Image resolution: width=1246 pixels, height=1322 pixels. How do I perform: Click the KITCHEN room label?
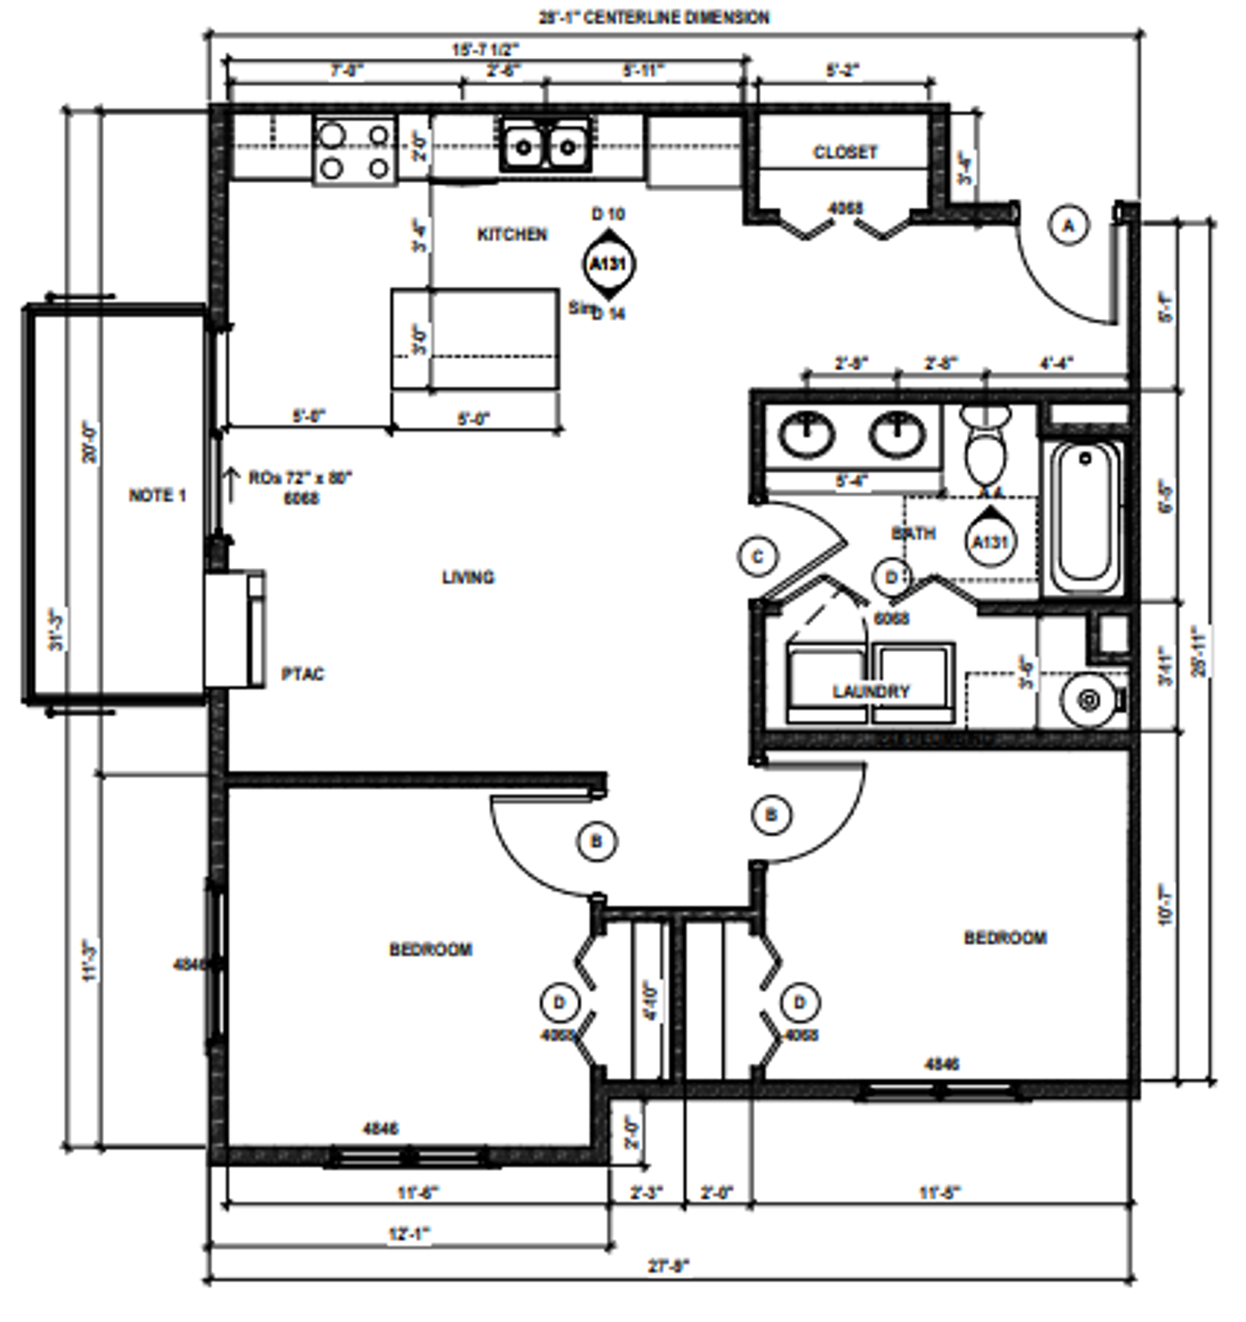(512, 235)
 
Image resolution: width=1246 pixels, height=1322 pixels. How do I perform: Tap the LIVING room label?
(468, 577)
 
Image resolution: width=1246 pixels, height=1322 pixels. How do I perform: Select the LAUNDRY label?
(871, 691)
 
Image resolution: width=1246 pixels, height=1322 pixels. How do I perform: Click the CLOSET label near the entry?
(845, 152)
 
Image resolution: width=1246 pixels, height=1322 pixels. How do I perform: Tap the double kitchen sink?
(546, 146)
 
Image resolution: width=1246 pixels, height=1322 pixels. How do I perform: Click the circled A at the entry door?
(1068, 226)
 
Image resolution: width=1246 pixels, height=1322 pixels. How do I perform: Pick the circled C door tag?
(758, 557)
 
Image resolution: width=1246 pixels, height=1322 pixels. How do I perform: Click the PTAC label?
(302, 674)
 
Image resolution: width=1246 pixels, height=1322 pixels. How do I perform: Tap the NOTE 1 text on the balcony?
(158, 496)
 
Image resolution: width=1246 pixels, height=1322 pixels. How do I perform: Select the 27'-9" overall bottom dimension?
(668, 1266)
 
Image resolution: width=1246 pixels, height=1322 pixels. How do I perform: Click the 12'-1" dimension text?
(409, 1234)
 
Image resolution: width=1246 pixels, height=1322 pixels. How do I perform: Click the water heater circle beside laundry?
(1089, 700)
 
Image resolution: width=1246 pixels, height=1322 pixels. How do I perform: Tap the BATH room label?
(913, 534)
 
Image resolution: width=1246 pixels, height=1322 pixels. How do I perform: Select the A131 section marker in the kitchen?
(608, 264)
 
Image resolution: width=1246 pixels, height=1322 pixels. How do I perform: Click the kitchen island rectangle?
(475, 339)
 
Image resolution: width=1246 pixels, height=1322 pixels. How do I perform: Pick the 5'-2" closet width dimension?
(842, 70)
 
